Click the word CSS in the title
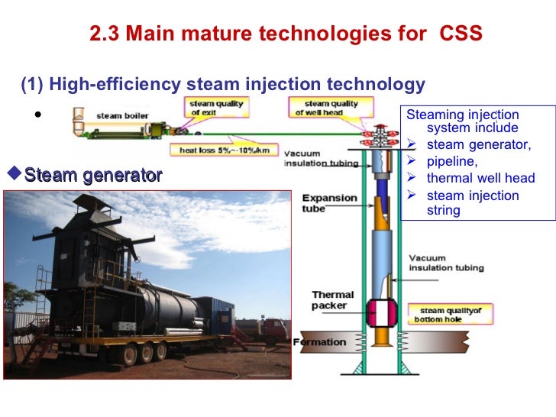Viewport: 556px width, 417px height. pyautogui.click(x=461, y=34)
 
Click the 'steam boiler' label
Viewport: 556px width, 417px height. pyautogui.click(x=117, y=116)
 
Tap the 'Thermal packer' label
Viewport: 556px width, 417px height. pyautogui.click(x=332, y=300)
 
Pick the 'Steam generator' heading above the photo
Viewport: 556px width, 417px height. pyautogui.click(x=92, y=176)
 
